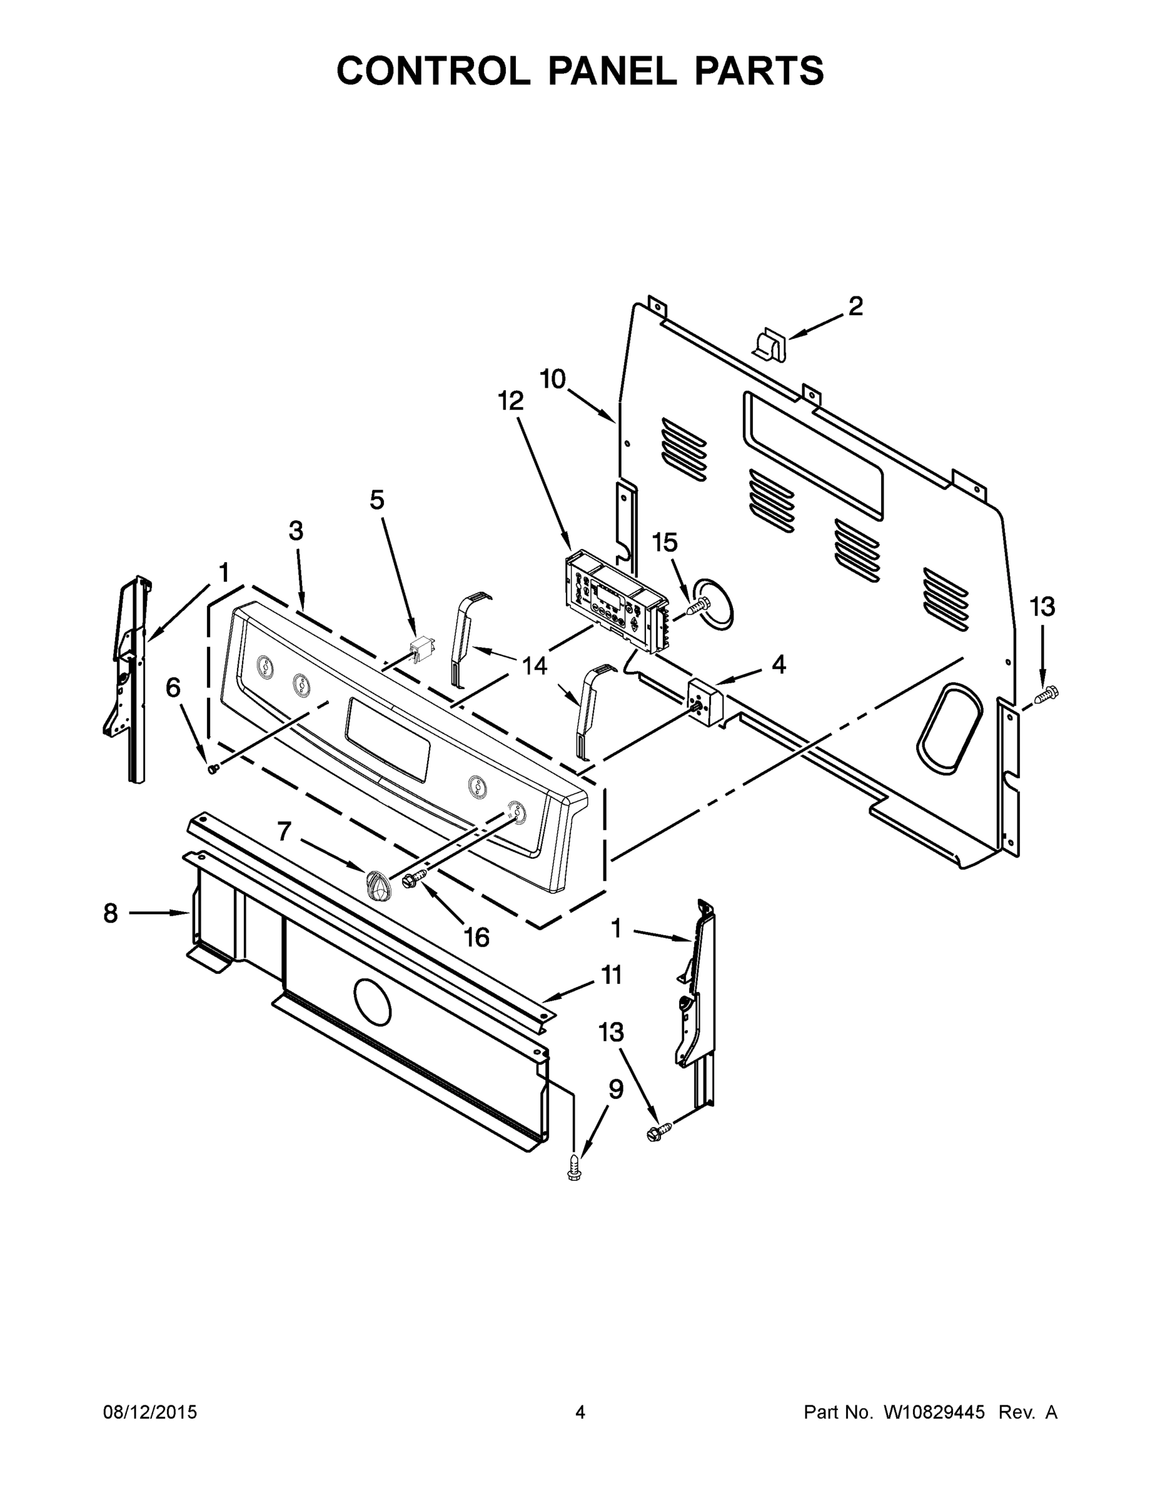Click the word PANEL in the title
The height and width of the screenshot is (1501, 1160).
click(x=611, y=71)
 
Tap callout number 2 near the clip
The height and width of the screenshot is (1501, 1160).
click(x=855, y=306)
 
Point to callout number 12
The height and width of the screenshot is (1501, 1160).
click(x=511, y=401)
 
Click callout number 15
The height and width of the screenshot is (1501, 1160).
click(x=665, y=542)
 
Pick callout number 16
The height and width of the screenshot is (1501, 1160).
click(x=477, y=937)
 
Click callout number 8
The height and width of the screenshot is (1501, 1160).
click(x=111, y=913)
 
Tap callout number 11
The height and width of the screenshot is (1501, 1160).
click(x=611, y=974)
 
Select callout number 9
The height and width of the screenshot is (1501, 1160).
click(x=616, y=1089)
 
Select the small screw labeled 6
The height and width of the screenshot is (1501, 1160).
click(x=213, y=769)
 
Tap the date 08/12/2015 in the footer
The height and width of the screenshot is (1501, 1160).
click(x=150, y=1412)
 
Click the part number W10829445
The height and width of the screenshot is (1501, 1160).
click(x=934, y=1412)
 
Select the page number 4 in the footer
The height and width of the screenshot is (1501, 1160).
click(x=580, y=1412)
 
